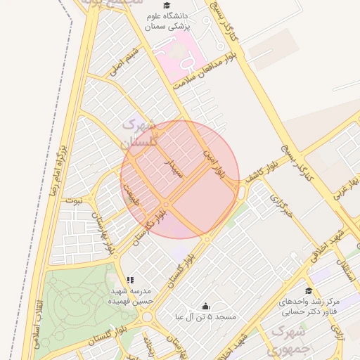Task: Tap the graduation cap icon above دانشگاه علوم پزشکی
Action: click(x=167, y=6)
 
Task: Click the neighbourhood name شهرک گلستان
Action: click(x=138, y=134)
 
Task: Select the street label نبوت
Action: click(x=73, y=200)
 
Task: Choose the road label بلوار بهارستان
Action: click(x=103, y=235)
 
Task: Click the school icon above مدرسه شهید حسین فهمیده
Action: click(x=129, y=280)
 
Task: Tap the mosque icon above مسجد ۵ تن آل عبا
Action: click(x=205, y=307)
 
